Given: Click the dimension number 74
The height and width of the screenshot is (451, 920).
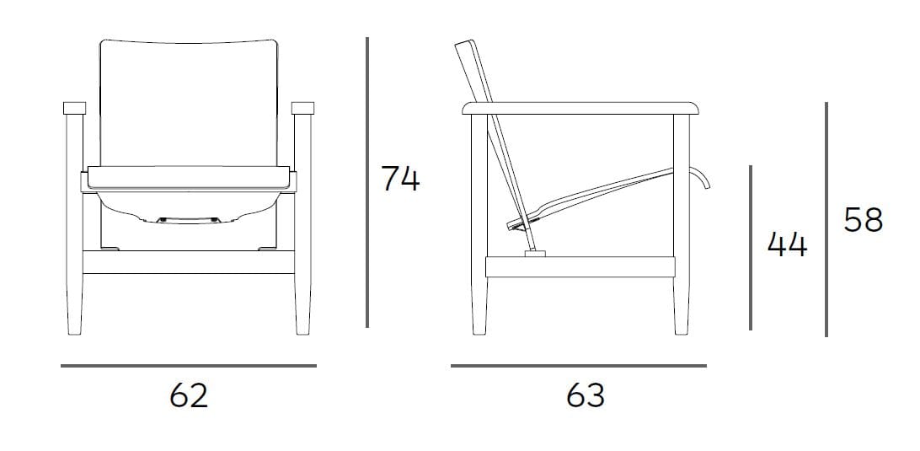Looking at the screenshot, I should tap(400, 179).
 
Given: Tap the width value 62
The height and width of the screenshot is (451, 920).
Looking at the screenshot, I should tap(189, 395).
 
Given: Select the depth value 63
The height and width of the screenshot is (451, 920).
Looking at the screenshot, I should tap(586, 395).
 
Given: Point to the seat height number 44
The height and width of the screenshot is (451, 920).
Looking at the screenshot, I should tap(787, 245).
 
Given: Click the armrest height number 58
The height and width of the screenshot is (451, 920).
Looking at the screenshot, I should tap(863, 221).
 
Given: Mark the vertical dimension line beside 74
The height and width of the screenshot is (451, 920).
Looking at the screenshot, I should tap(367, 182).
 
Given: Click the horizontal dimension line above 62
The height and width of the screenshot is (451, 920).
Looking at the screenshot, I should tap(189, 366).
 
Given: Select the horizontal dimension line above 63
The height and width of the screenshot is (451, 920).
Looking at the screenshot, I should tap(579, 366).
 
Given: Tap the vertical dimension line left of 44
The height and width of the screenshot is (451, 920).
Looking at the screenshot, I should tap(750, 247).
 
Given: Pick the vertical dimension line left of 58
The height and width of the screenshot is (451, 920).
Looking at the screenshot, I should tap(826, 219).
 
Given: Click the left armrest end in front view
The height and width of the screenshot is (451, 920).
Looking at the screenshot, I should tap(75, 108).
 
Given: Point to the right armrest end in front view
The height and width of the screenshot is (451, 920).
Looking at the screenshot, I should tap(302, 108).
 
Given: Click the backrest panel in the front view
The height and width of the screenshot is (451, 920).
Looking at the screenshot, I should tap(189, 101).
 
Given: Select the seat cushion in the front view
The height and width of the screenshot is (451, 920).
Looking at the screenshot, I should tap(189, 176).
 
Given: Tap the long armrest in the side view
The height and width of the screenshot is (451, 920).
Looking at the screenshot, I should tap(582, 107).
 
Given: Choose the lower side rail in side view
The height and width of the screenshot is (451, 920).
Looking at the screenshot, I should tap(581, 267).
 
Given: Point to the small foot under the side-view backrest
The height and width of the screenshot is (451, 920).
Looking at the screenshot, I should tap(534, 252).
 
